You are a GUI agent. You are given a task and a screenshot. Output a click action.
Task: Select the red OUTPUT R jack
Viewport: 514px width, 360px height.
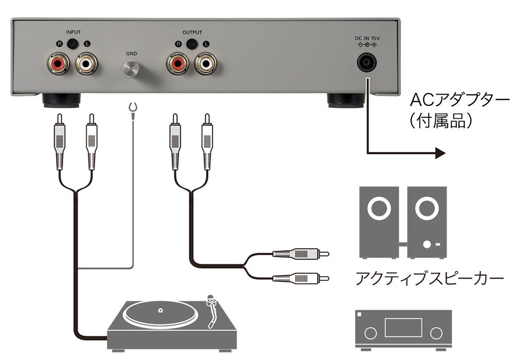[178, 64]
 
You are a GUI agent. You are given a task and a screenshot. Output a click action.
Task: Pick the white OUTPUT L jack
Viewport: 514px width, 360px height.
[207, 64]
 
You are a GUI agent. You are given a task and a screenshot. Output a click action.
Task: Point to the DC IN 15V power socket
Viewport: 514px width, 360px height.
[368, 63]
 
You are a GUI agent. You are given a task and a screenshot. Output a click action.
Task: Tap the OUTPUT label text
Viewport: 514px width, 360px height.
[192, 32]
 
